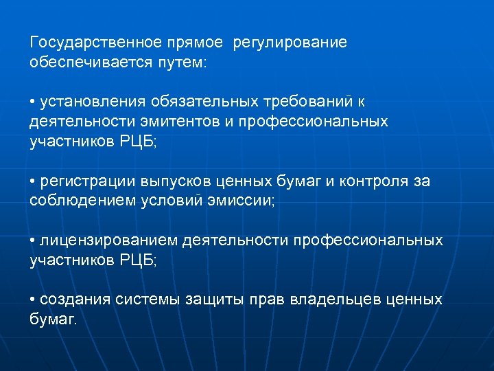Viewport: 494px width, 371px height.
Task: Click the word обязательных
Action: coord(196,102)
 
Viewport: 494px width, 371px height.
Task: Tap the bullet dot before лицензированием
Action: coord(33,242)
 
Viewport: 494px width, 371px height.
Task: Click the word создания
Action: coord(73,300)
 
